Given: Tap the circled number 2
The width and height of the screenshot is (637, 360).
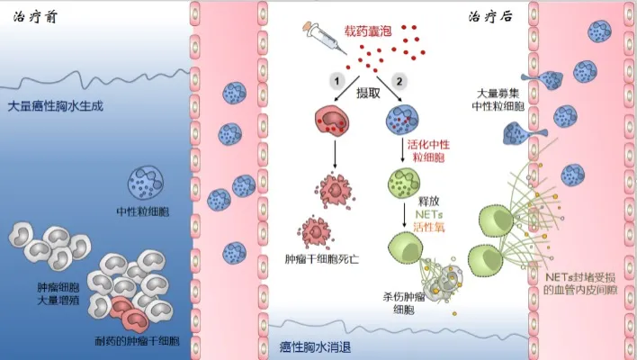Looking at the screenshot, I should (399, 82).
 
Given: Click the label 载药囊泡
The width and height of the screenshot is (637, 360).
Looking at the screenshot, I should (369, 31).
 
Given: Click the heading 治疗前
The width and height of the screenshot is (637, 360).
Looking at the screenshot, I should (28, 16).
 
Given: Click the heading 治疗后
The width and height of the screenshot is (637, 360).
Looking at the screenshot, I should (489, 17).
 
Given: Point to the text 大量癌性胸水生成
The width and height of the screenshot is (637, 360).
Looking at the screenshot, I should (56, 105).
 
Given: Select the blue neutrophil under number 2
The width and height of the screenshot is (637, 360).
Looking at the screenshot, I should (400, 121).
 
